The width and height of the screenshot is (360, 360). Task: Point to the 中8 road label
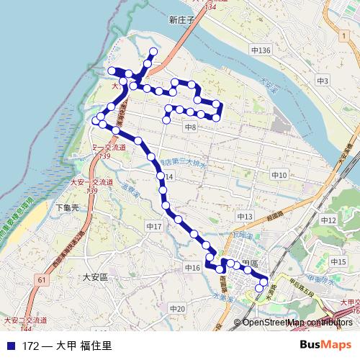pyautogui.click(x=191, y=127)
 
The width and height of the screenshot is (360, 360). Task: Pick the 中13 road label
pyautogui.click(x=244, y=216)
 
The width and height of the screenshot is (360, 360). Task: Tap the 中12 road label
pyautogui.click(x=328, y=220)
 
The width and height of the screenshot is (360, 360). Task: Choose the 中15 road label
pyautogui.click(x=339, y=261)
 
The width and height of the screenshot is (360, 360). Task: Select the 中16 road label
pyautogui.click(x=192, y=268)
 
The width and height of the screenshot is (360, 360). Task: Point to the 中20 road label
pyautogui.click(x=177, y=309)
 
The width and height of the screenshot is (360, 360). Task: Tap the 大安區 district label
pyautogui.click(x=94, y=276)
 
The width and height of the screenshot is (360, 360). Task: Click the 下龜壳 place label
pyautogui.click(x=67, y=207)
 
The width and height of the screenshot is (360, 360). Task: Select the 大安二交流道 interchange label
pyautogui.click(x=26, y=319)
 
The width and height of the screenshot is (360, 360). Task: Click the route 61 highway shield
pyautogui.click(x=42, y=279)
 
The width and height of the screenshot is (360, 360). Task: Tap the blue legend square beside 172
pyautogui.click(x=10, y=346)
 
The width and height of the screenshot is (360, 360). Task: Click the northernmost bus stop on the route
pyautogui.click(x=153, y=52)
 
